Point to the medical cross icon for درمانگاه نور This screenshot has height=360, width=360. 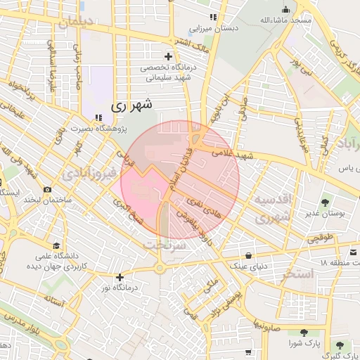pyautogui.click(x=120, y=277)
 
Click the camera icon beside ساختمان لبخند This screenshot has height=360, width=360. pyautogui.click(x=47, y=189)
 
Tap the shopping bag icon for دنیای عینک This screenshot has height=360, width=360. pyautogui.click(x=249, y=255)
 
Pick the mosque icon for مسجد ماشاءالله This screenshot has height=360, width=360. pyautogui.click(x=285, y=9)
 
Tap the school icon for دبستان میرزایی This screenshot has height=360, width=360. pyautogui.click(x=212, y=17)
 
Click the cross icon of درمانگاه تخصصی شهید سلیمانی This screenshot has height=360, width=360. pyautogui.click(x=167, y=56)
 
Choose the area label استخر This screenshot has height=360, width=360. pyautogui.click(x=295, y=274)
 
